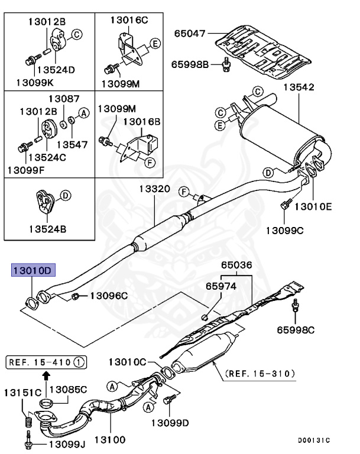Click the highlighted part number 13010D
tap(33, 271)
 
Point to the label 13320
tap(155, 190)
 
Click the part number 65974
tap(221, 286)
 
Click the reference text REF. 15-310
tap(259, 373)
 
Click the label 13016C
tap(128, 20)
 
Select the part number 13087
tap(64, 99)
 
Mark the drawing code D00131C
tap(314, 440)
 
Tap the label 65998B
tap(190, 63)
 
